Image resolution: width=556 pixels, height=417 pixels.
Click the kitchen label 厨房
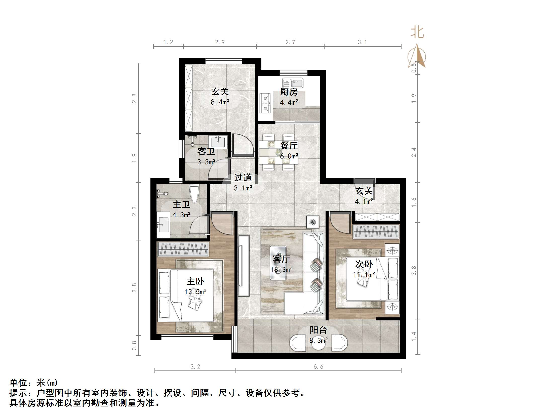pos(289,92)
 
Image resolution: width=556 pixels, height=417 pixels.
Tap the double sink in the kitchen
pos(293,83)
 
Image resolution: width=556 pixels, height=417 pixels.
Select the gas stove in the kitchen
pos(265,103)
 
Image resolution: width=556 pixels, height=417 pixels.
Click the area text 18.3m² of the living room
pos(281,270)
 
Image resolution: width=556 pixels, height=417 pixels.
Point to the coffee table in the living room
pos(278,263)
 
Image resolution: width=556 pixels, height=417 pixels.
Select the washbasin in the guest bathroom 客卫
pos(218,142)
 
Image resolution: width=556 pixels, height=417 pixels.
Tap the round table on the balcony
pos(319,344)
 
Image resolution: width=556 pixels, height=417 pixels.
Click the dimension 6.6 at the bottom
pos(318,367)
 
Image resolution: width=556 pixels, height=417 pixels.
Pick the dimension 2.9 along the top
pos(220,42)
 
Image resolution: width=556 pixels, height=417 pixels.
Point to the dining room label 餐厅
pos(289,145)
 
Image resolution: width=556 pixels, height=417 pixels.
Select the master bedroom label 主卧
pos(195,281)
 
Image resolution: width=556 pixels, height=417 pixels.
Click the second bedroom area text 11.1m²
pos(364,274)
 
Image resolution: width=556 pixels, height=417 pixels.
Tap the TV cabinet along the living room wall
pos(243,265)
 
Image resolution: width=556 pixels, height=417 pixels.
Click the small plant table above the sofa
pos(312,222)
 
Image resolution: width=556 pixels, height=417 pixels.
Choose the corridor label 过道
pos(243,178)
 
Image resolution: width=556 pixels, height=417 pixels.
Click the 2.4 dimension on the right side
pos(414,152)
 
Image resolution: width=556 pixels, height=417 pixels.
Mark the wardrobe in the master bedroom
pos(183,249)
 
